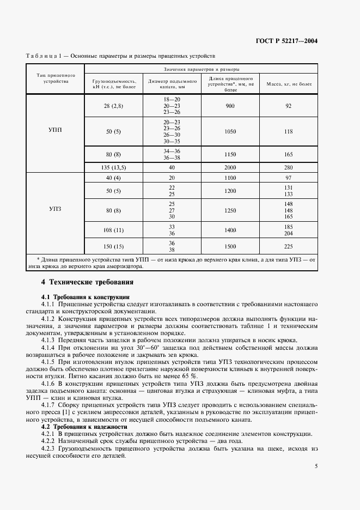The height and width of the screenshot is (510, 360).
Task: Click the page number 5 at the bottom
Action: (316, 465)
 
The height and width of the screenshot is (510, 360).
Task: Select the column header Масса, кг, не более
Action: (289, 84)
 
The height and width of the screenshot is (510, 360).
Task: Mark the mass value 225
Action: (289, 246)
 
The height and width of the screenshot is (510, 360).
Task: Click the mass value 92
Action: (289, 106)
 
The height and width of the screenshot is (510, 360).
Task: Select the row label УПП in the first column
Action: (56, 130)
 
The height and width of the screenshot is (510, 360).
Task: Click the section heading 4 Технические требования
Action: (87, 282)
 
